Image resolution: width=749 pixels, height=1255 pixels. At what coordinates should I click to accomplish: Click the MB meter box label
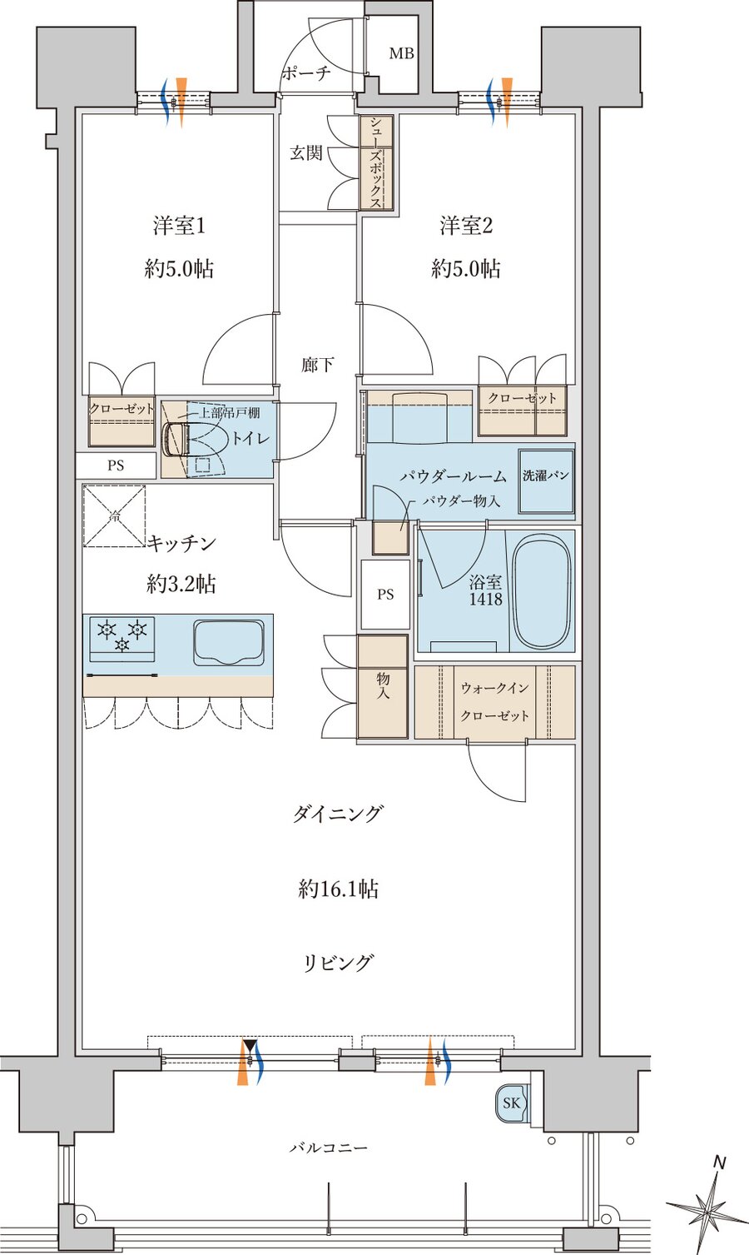pos(401,54)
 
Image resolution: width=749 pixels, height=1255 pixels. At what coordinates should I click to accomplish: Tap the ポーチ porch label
pos(305,73)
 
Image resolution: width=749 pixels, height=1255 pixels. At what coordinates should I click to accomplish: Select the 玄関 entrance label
pos(305,153)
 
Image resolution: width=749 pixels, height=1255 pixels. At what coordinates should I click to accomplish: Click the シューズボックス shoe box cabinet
pos(376,162)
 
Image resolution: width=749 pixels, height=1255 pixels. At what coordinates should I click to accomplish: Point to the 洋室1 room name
pos(178,226)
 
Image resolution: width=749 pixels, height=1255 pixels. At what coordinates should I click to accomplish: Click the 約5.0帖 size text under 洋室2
pos(465,269)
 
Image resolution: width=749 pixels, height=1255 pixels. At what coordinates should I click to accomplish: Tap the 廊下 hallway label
pos(318,365)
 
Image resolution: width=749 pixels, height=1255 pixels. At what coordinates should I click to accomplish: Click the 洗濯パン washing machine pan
pos(546,481)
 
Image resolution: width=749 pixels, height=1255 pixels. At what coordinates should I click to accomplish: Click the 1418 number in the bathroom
pos(485,600)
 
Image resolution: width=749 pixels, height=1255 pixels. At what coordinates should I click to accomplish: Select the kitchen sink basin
pos(229,642)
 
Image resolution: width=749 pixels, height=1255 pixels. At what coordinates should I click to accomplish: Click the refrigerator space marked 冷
pos(115,516)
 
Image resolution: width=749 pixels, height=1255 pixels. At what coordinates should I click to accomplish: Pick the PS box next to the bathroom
pos(384,595)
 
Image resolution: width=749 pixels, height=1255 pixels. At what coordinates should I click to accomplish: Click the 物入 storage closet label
pos(383,686)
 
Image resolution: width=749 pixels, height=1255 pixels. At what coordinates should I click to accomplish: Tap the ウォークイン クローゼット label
pos(494,701)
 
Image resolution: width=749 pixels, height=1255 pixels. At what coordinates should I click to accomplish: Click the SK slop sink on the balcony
pos(510,1103)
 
